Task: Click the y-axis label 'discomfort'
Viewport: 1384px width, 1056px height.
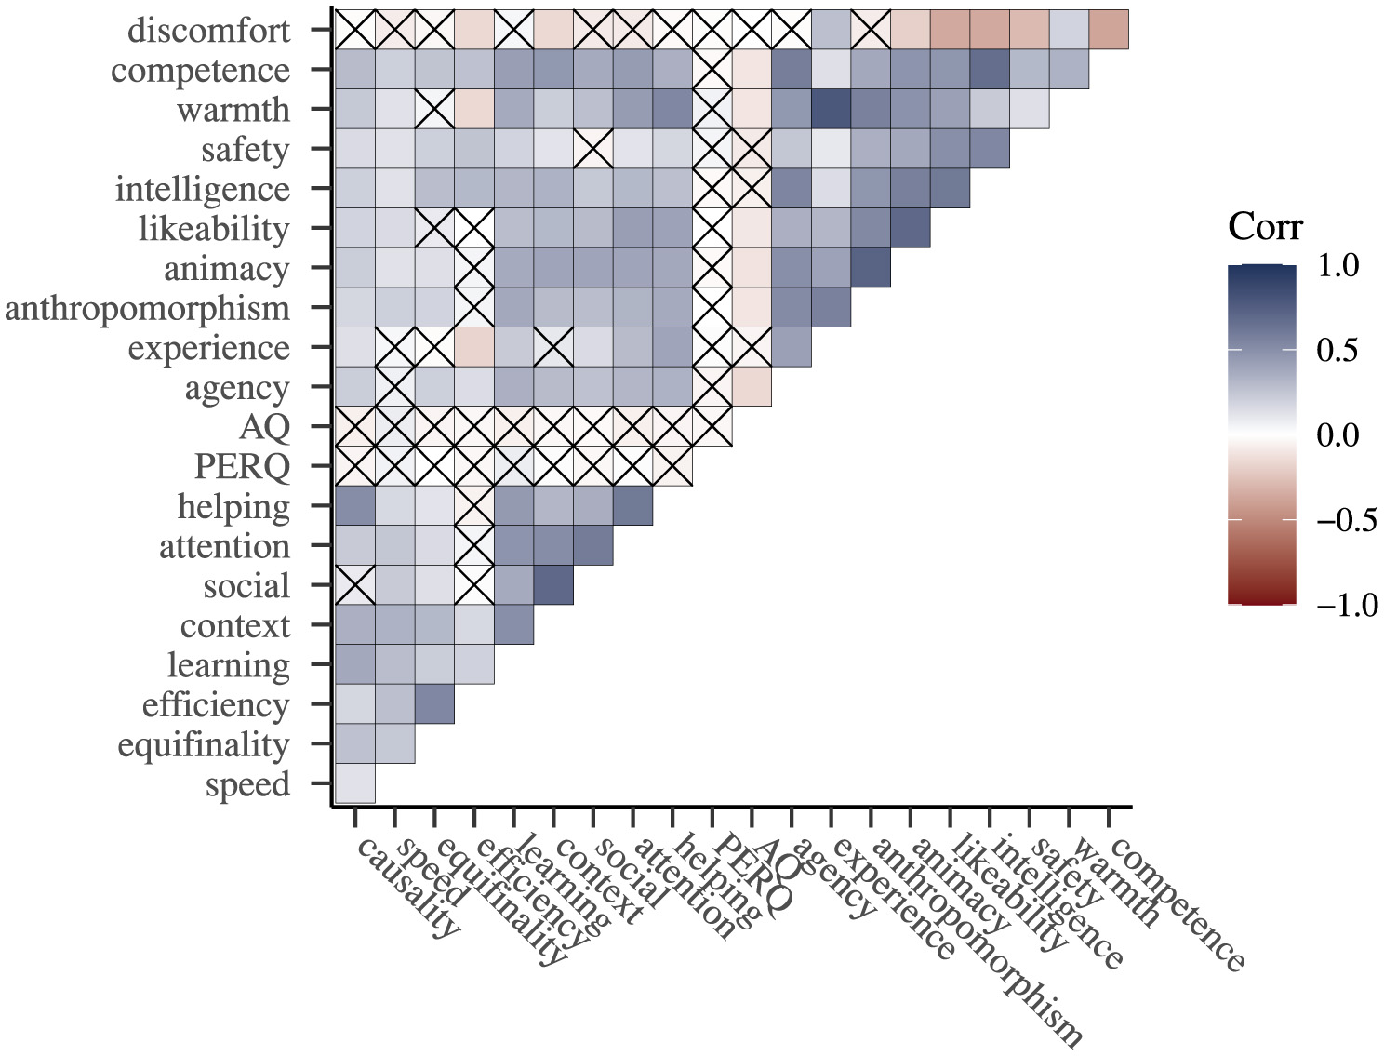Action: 208,31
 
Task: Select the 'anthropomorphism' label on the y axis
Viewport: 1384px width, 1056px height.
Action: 147,308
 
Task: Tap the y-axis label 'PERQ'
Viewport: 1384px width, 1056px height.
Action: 242,467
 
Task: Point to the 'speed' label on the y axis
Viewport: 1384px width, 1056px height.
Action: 247,784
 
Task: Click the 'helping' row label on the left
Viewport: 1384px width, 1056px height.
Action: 233,507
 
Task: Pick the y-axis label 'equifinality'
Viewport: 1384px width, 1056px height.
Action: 203,745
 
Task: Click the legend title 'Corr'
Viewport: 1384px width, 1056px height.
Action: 1265,227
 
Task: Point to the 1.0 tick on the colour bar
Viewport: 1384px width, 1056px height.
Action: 1337,265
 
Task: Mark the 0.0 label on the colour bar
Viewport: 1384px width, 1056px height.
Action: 1337,435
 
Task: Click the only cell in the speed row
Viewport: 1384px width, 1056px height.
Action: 355,783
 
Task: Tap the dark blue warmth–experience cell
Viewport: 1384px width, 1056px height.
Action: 832,109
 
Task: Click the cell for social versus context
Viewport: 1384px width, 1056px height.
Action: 553,585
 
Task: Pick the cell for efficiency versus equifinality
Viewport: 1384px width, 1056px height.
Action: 434,704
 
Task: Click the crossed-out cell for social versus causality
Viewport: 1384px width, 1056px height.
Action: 355,585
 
